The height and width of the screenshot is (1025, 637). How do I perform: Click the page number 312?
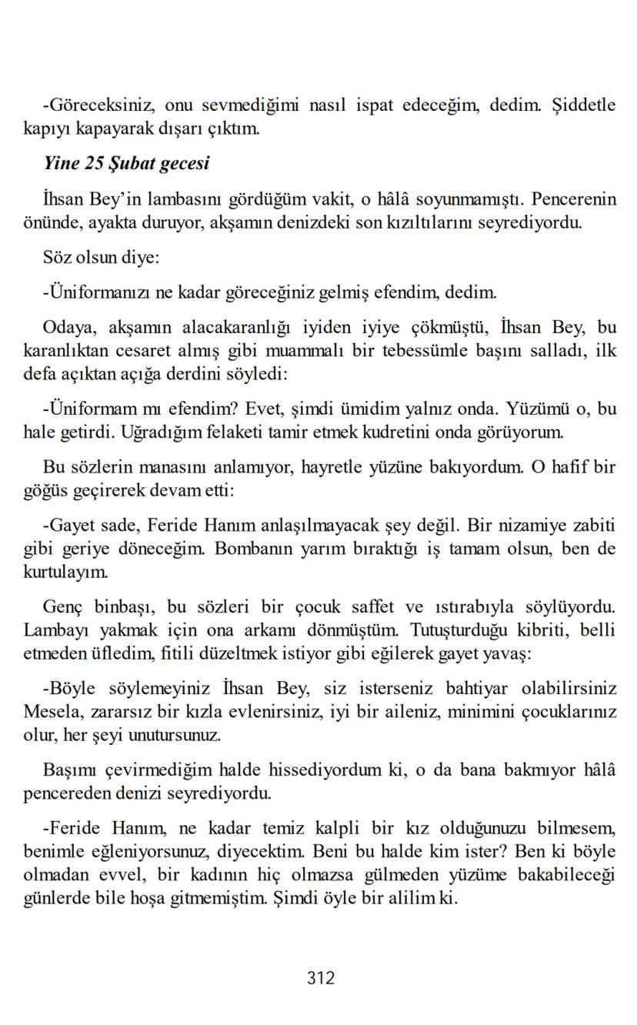(x=321, y=977)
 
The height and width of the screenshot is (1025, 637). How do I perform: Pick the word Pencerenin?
(x=574, y=200)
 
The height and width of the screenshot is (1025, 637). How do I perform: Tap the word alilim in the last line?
(x=414, y=897)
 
